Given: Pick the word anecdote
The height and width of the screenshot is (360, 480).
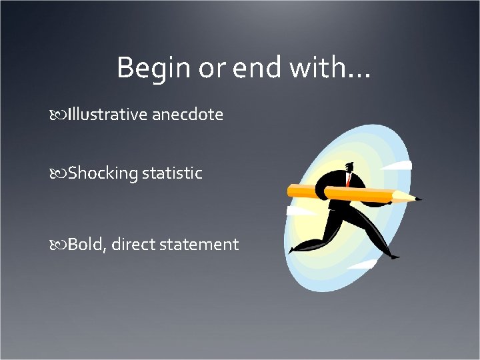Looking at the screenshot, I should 187,115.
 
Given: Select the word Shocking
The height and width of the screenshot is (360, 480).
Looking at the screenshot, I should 102,173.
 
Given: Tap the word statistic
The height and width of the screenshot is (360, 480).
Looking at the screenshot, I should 171,173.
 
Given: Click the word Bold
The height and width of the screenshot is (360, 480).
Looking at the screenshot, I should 86,245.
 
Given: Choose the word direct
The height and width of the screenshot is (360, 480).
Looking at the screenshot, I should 133,245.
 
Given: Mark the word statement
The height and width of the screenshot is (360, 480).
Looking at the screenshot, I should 199,245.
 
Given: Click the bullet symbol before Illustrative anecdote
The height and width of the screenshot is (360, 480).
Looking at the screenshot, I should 58,115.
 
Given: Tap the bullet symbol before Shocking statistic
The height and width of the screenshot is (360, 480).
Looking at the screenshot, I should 58,174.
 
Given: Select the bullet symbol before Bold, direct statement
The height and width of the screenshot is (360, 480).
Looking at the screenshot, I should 58,245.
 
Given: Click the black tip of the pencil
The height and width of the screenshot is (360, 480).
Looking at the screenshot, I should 418,198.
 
